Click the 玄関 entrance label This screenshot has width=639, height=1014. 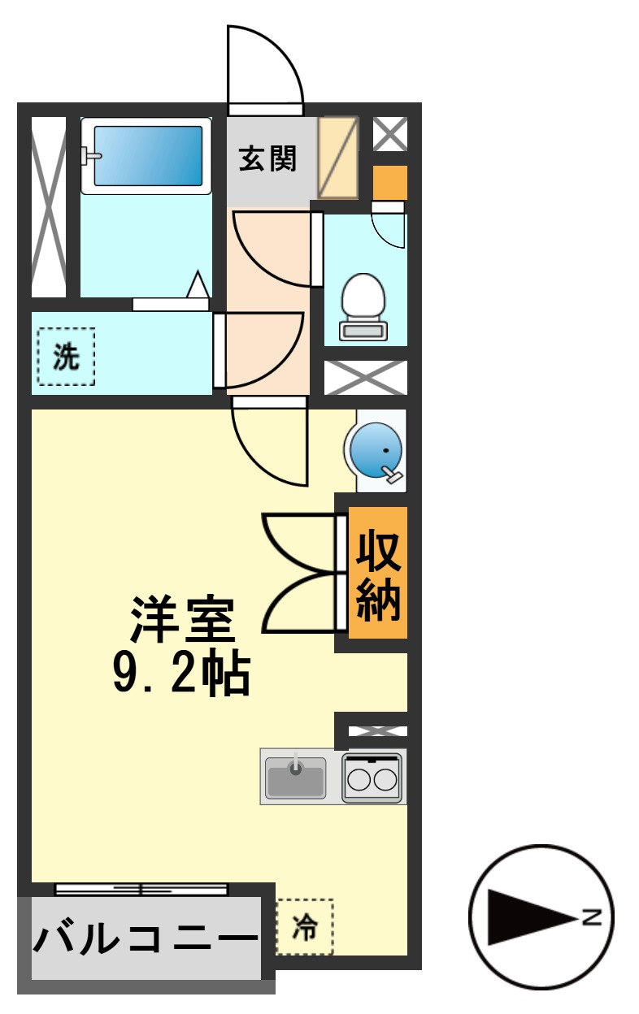[x=267, y=158]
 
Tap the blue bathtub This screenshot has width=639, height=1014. [x=147, y=155]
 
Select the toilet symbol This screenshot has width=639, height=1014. [x=363, y=305]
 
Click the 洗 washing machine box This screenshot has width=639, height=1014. [x=66, y=357]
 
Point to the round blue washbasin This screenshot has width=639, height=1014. [x=374, y=449]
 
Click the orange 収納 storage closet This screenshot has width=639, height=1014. [x=378, y=574]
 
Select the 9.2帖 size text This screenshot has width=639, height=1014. [x=180, y=671]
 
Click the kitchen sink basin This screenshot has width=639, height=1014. [x=296, y=777]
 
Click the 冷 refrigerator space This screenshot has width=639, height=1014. [x=305, y=926]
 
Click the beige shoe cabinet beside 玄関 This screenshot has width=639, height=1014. [x=337, y=158]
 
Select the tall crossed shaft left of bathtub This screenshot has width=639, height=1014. [x=49, y=207]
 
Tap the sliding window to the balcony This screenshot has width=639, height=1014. [x=141, y=889]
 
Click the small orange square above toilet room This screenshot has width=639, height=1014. [x=389, y=183]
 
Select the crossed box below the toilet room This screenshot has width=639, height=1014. [x=365, y=378]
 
